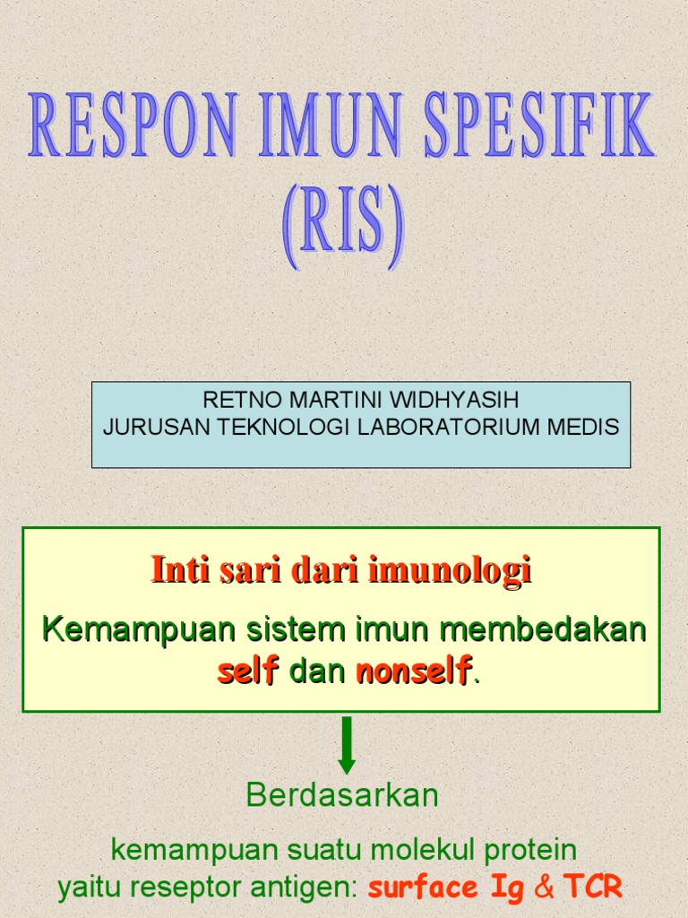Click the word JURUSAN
pos(146,427)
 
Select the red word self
pos(247,671)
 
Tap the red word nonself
pos(413,671)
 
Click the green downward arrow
pos(347,745)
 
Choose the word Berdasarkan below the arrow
pos(342,795)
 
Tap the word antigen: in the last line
pos(308,888)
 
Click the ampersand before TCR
pos(544,888)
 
